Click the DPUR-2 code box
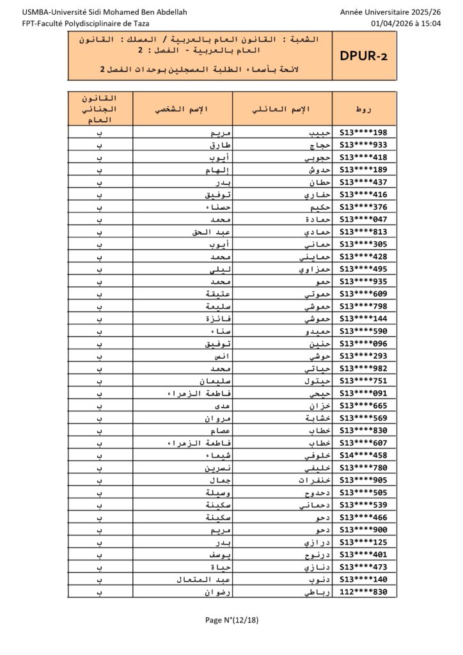(x=362, y=56)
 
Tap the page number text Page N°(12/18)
(x=231, y=619)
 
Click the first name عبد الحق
(x=206, y=232)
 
